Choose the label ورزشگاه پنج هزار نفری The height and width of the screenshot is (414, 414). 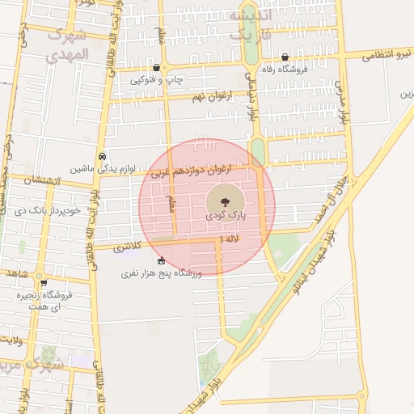[159, 274]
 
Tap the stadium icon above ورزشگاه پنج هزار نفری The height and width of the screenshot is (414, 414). [161, 260]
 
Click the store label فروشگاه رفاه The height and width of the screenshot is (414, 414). [284, 71]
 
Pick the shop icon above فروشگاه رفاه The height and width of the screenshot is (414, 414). [285, 57]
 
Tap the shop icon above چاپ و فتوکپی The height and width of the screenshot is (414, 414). [156, 67]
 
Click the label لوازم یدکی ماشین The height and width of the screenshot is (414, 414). [102, 169]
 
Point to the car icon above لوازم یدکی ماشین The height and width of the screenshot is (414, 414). [102, 156]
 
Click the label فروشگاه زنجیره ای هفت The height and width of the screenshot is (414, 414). [44, 301]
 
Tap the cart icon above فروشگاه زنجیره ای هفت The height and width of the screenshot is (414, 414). [43, 283]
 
